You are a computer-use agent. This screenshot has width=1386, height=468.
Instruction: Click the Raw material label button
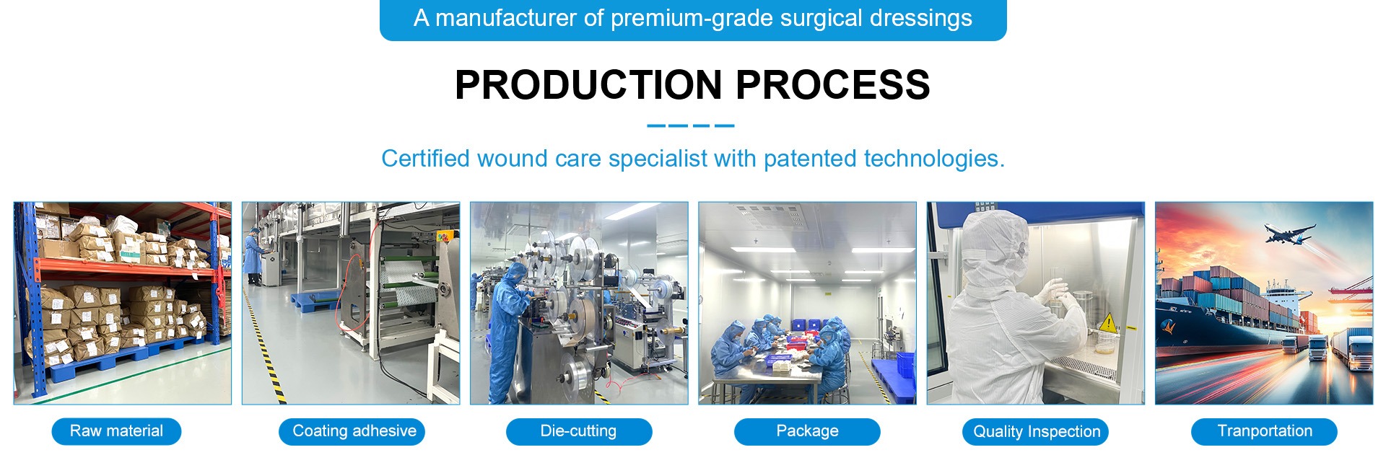[116, 431]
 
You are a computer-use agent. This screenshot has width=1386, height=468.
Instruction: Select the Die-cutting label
[579, 431]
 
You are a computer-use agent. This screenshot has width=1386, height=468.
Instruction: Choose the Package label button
[807, 431]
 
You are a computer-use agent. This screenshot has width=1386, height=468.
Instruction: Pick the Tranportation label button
[1264, 431]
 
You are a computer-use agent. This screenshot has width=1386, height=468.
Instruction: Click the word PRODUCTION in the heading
[589, 85]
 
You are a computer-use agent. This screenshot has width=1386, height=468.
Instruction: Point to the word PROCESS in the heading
[833, 85]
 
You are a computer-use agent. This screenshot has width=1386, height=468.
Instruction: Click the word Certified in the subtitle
[426, 159]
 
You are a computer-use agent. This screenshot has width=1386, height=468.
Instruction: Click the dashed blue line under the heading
[691, 125]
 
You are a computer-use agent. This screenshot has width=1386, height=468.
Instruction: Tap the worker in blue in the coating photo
[253, 256]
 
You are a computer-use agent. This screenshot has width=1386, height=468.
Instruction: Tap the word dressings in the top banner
[921, 19]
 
